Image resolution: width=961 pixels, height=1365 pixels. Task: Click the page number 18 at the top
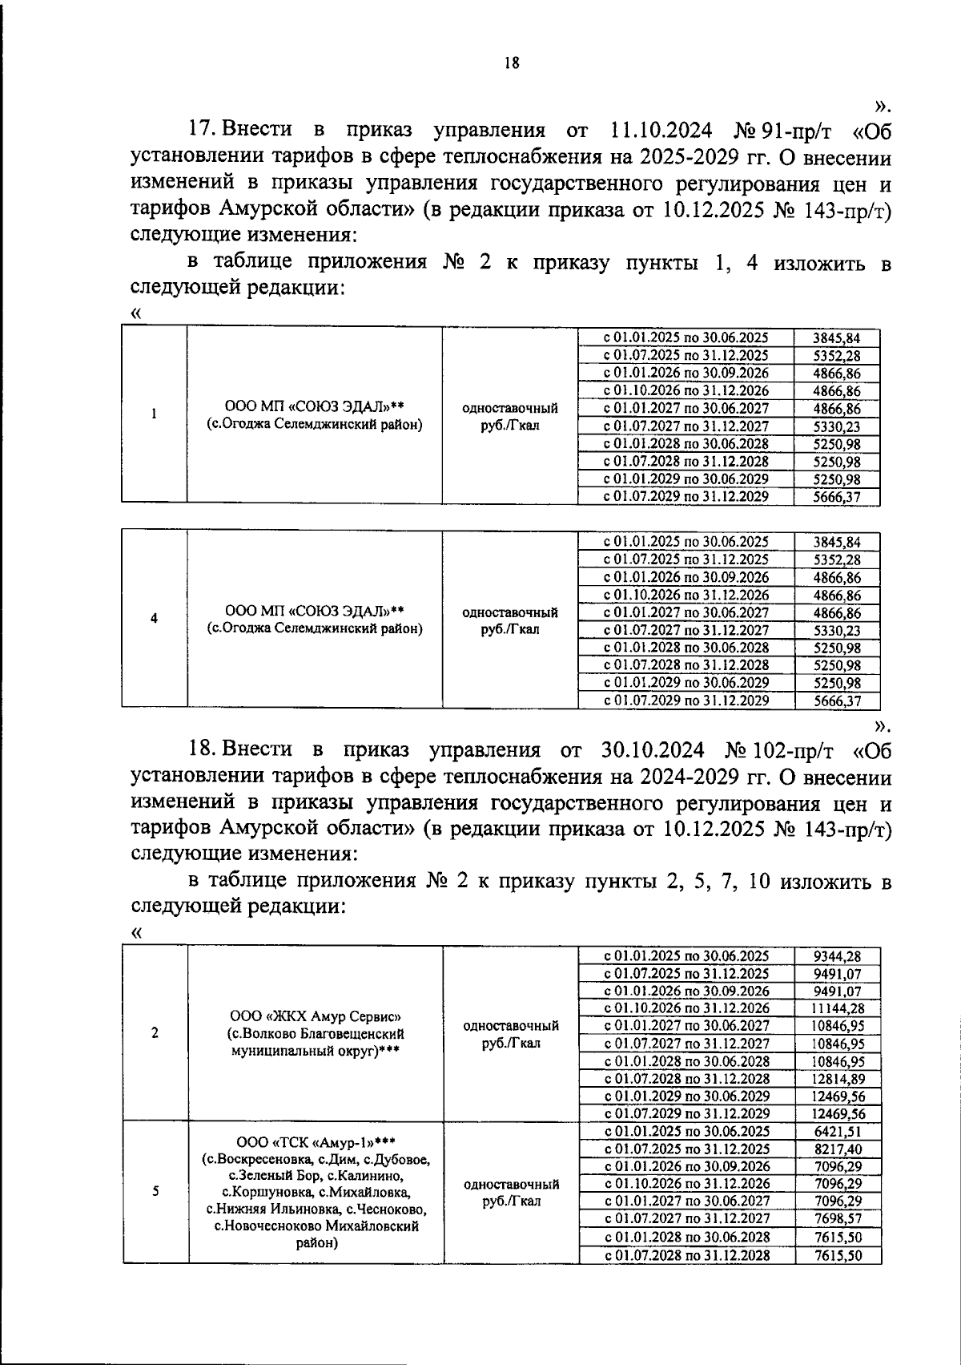click(x=513, y=63)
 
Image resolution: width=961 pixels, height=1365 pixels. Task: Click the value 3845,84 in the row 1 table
click(x=837, y=338)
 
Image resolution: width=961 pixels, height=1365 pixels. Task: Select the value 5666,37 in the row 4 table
click(x=837, y=701)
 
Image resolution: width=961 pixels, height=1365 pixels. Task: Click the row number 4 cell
click(x=154, y=618)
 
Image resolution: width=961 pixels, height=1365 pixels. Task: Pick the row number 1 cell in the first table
click(x=154, y=414)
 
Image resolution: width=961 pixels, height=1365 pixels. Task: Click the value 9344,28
click(x=837, y=955)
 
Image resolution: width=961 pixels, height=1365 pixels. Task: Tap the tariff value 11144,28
click(x=837, y=1008)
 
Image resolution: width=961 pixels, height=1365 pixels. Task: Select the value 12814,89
click(x=837, y=1079)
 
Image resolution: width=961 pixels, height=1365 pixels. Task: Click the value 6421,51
click(x=837, y=1132)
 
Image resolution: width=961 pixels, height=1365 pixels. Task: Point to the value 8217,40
click(x=837, y=1149)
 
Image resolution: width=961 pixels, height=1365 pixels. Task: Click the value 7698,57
click(x=837, y=1220)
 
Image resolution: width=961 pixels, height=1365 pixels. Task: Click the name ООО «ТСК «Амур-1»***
click(x=316, y=1141)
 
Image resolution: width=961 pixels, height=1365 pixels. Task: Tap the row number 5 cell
click(x=155, y=1192)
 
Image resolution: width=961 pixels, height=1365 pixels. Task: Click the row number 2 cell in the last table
click(x=155, y=1033)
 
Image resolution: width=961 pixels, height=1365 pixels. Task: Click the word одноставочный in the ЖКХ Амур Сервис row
click(x=511, y=1026)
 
